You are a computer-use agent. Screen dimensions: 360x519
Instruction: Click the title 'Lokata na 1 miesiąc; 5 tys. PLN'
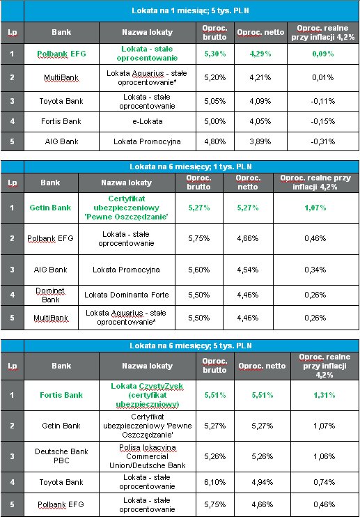[190, 10]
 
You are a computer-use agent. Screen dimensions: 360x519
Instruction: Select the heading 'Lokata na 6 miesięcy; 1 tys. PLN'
[190, 166]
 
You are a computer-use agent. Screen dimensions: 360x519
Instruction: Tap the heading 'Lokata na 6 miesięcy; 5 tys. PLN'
[190, 346]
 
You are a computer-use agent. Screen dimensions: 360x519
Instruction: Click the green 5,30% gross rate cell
[215, 54]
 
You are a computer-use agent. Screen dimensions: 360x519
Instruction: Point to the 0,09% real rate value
[323, 54]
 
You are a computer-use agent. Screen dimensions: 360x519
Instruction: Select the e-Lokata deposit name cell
[147, 121]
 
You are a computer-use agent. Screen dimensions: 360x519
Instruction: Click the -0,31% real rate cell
[323, 141]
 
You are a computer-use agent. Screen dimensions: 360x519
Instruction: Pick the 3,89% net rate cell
[260, 141]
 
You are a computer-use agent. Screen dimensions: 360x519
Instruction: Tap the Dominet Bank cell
[51, 295]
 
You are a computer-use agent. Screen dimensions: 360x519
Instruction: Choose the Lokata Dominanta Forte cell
[127, 295]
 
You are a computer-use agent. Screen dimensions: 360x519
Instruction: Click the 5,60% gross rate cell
[199, 270]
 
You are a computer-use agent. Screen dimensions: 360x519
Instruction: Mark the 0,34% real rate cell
[315, 270]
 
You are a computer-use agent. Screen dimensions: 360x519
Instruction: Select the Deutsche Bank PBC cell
[61, 456]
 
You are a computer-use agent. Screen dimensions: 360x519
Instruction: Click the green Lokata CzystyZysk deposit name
[147, 395]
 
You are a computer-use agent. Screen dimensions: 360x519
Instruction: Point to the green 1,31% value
[324, 395]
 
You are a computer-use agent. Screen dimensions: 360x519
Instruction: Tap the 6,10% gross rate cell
[215, 482]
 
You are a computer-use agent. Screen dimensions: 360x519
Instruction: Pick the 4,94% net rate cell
[263, 482]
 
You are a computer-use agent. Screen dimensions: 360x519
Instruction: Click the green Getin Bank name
[51, 208]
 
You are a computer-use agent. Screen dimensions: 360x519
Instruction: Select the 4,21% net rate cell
[260, 78]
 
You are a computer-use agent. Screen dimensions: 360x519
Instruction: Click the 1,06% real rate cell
[324, 456]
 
